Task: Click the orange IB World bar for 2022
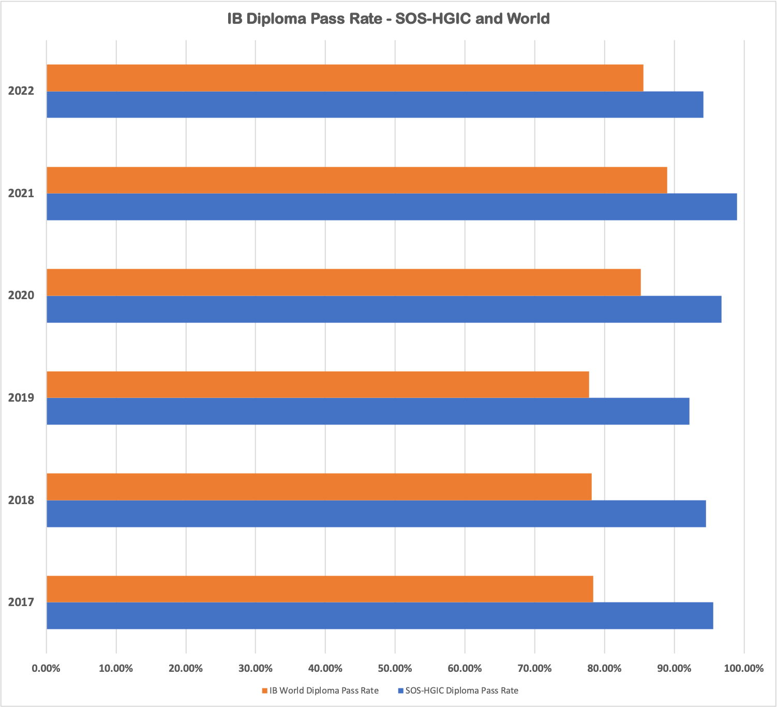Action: tap(345, 78)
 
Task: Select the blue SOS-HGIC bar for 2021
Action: tap(392, 207)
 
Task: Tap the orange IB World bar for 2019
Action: tap(318, 385)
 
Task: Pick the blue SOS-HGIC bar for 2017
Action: tap(380, 616)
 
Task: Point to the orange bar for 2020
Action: tap(343, 282)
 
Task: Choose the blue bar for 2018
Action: tap(376, 513)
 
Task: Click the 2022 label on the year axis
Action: tap(21, 91)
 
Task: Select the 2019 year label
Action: tap(21, 397)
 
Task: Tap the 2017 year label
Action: tap(21, 602)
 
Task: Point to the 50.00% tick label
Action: tap(395, 668)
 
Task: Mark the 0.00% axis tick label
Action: tap(46, 668)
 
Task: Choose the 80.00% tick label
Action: tap(604, 668)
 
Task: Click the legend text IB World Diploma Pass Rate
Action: tap(324, 690)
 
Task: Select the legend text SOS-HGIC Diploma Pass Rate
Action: tap(461, 690)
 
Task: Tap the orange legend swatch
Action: tap(265, 690)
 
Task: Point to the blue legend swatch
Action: tap(400, 690)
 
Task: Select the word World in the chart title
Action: tap(528, 19)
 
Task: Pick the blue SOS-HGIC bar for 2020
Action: tap(384, 309)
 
